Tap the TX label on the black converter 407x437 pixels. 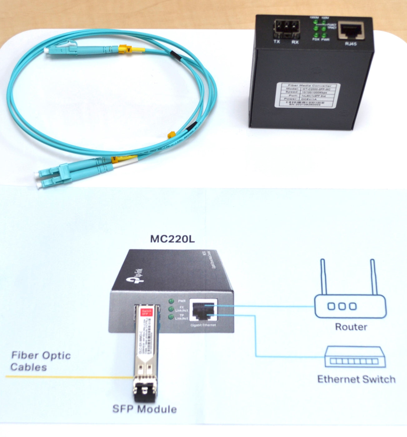click(277, 42)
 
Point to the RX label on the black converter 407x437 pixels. click(295, 42)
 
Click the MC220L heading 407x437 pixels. click(172, 239)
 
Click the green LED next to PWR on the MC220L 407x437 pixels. click(171, 301)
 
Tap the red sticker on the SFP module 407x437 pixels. click(146, 312)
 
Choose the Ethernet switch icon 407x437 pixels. click(355, 357)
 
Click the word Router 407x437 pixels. click(351, 327)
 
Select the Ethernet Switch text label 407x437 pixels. click(356, 379)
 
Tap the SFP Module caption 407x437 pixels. click(144, 409)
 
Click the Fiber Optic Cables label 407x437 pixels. click(41, 361)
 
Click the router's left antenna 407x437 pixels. click(323, 276)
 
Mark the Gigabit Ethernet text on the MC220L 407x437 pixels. click(203, 325)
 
